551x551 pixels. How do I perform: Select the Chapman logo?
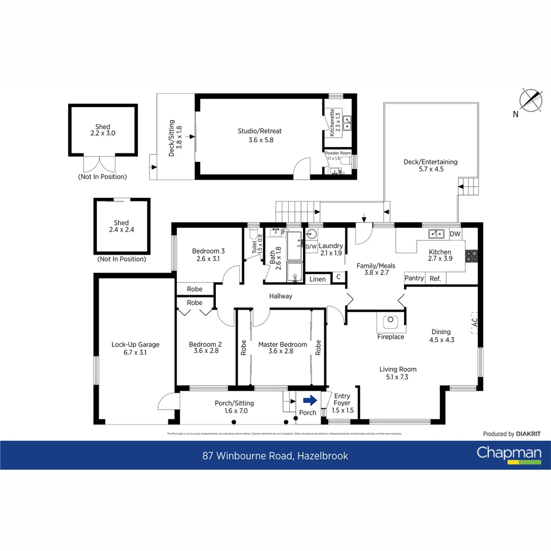click(509, 454)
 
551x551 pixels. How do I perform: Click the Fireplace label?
click(390, 337)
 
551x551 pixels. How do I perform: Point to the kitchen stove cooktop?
click(471, 256)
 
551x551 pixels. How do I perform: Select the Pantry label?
click(414, 279)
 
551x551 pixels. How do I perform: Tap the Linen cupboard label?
click(317, 279)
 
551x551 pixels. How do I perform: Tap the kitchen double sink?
click(436, 234)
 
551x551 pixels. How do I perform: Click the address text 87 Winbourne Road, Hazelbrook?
click(275, 456)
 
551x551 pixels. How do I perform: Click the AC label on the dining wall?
click(474, 322)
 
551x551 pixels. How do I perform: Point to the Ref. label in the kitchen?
click(435, 279)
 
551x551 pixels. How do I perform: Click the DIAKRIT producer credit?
click(528, 434)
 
